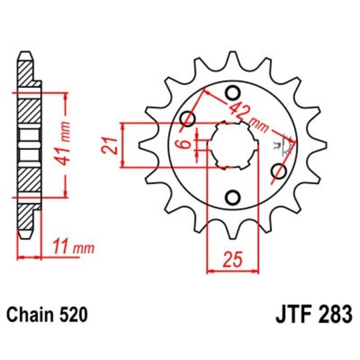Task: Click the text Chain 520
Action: pos(46,313)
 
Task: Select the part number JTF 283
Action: pos(312,313)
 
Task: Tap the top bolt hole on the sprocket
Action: pos(233,93)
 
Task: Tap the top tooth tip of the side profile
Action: pos(25,55)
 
